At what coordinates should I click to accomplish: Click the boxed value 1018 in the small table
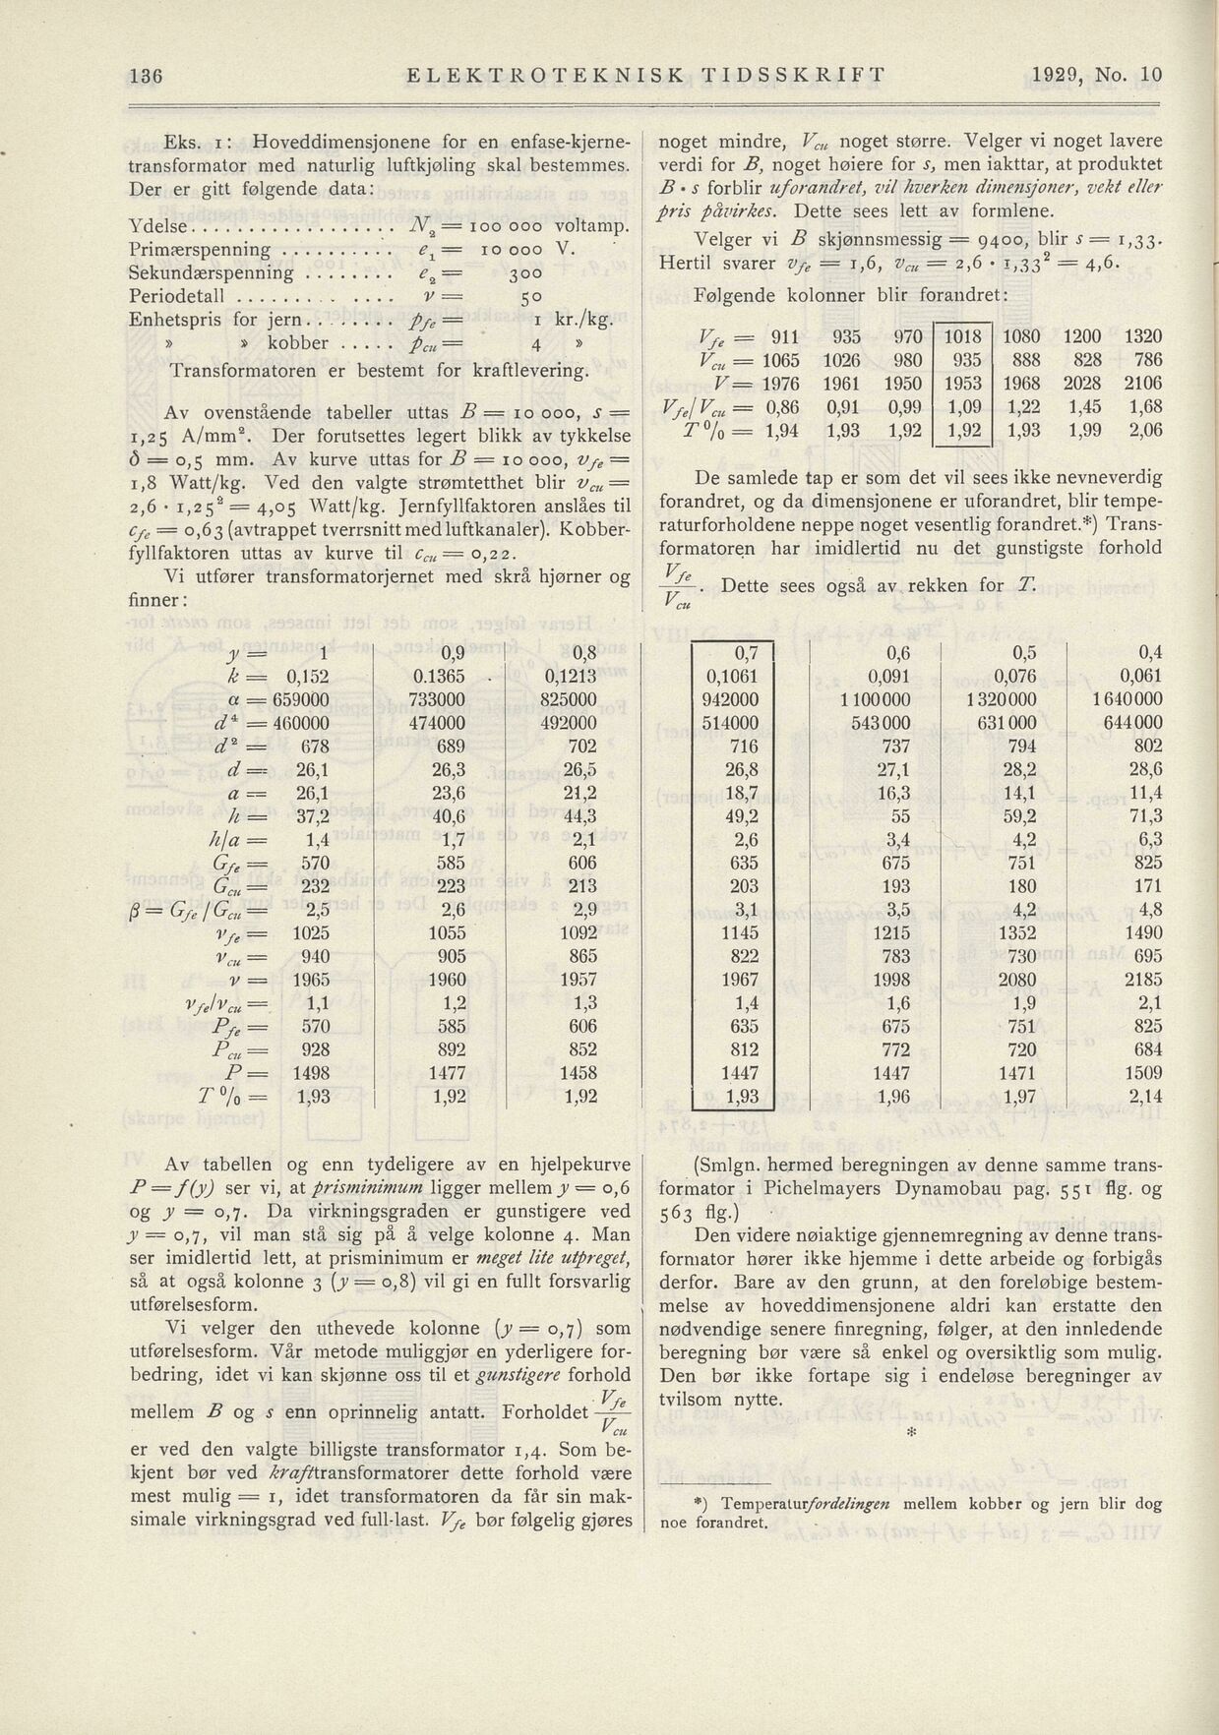point(963,336)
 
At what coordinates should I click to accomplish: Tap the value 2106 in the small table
point(1142,383)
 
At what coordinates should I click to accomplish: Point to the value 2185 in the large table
point(1143,979)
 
